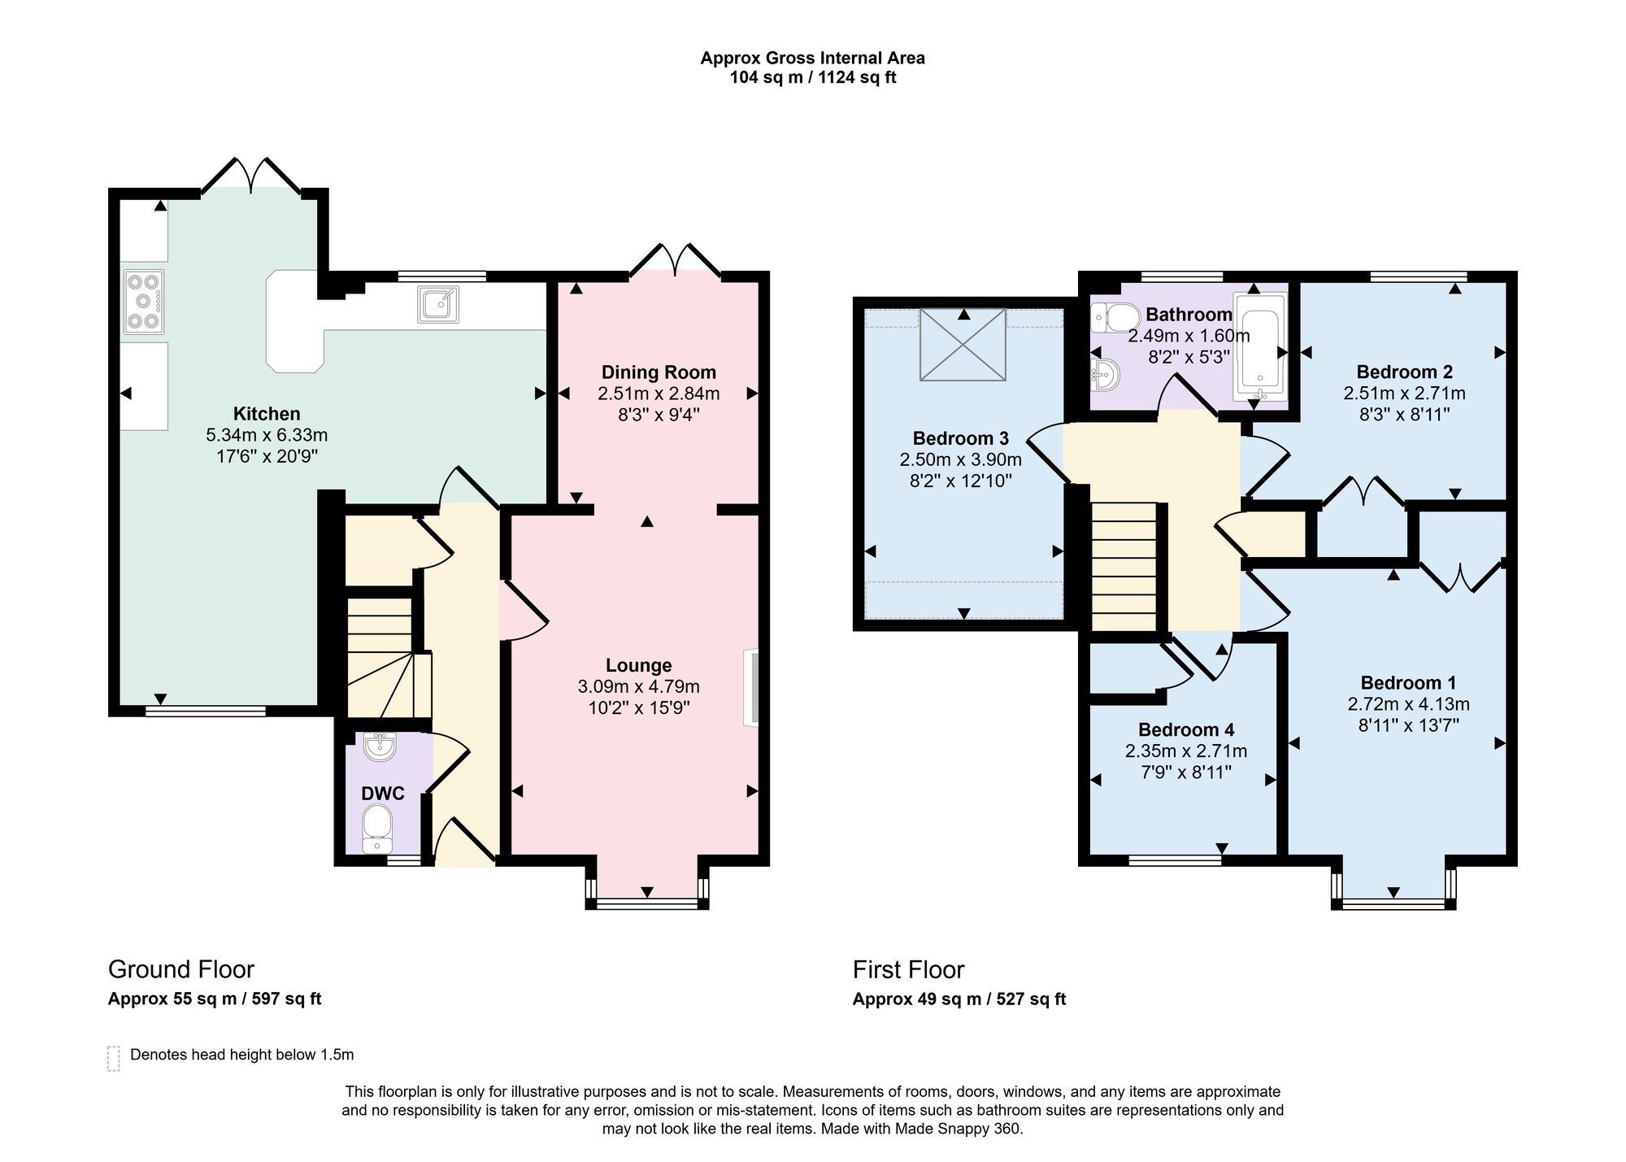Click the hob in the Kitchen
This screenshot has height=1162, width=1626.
pyautogui.click(x=144, y=302)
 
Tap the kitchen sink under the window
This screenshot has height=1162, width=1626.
pyautogui.click(x=438, y=305)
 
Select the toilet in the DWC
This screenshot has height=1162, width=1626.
pyautogui.click(x=376, y=829)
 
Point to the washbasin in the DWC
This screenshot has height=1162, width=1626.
pyautogui.click(x=380, y=746)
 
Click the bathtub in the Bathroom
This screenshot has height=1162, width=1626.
pyautogui.click(x=1259, y=347)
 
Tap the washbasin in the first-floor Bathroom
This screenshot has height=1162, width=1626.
pyautogui.click(x=1106, y=376)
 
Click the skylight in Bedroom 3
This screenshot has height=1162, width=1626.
pyautogui.click(x=963, y=344)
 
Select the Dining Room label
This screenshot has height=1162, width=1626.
pyautogui.click(x=659, y=372)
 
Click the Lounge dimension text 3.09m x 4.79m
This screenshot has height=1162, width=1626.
pyautogui.click(x=639, y=687)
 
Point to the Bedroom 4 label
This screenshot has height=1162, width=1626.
pyautogui.click(x=1186, y=729)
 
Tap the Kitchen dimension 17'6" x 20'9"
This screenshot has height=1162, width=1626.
pyautogui.click(x=267, y=456)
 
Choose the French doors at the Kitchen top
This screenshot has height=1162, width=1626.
pyautogui.click(x=251, y=175)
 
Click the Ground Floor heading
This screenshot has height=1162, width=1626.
pyautogui.click(x=181, y=969)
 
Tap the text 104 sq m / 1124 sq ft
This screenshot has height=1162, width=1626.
pyautogui.click(x=813, y=78)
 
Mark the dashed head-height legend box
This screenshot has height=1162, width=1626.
pyautogui.click(x=114, y=1058)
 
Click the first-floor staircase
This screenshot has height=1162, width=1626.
pyautogui.click(x=1124, y=566)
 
